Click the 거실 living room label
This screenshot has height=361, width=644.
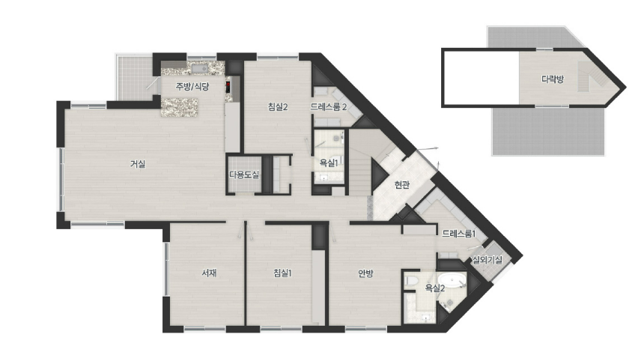(x=138, y=164)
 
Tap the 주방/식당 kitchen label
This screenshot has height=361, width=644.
(x=192, y=87)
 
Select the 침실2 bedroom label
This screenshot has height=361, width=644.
(x=278, y=107)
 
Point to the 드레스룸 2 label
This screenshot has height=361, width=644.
(x=328, y=107)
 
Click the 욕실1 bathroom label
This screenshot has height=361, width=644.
(x=329, y=163)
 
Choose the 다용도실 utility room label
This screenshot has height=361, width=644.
(x=244, y=175)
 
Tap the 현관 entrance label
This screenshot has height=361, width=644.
(x=401, y=185)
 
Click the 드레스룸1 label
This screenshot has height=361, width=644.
(x=458, y=234)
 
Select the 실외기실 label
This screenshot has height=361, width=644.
(x=487, y=260)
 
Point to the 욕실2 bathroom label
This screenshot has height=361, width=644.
(x=434, y=288)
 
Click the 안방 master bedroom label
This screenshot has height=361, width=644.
(x=365, y=273)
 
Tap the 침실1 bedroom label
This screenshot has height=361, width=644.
(x=282, y=273)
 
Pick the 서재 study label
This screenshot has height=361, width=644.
(x=209, y=273)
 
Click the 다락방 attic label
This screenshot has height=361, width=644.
(x=552, y=79)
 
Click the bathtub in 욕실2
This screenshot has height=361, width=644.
(x=452, y=281)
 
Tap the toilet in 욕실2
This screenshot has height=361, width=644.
(x=411, y=281)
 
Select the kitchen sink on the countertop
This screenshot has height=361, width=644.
(x=200, y=68)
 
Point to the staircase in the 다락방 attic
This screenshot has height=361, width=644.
(x=590, y=77)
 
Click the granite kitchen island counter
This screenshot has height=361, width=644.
(x=180, y=107)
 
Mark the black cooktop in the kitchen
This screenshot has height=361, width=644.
(x=228, y=87)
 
